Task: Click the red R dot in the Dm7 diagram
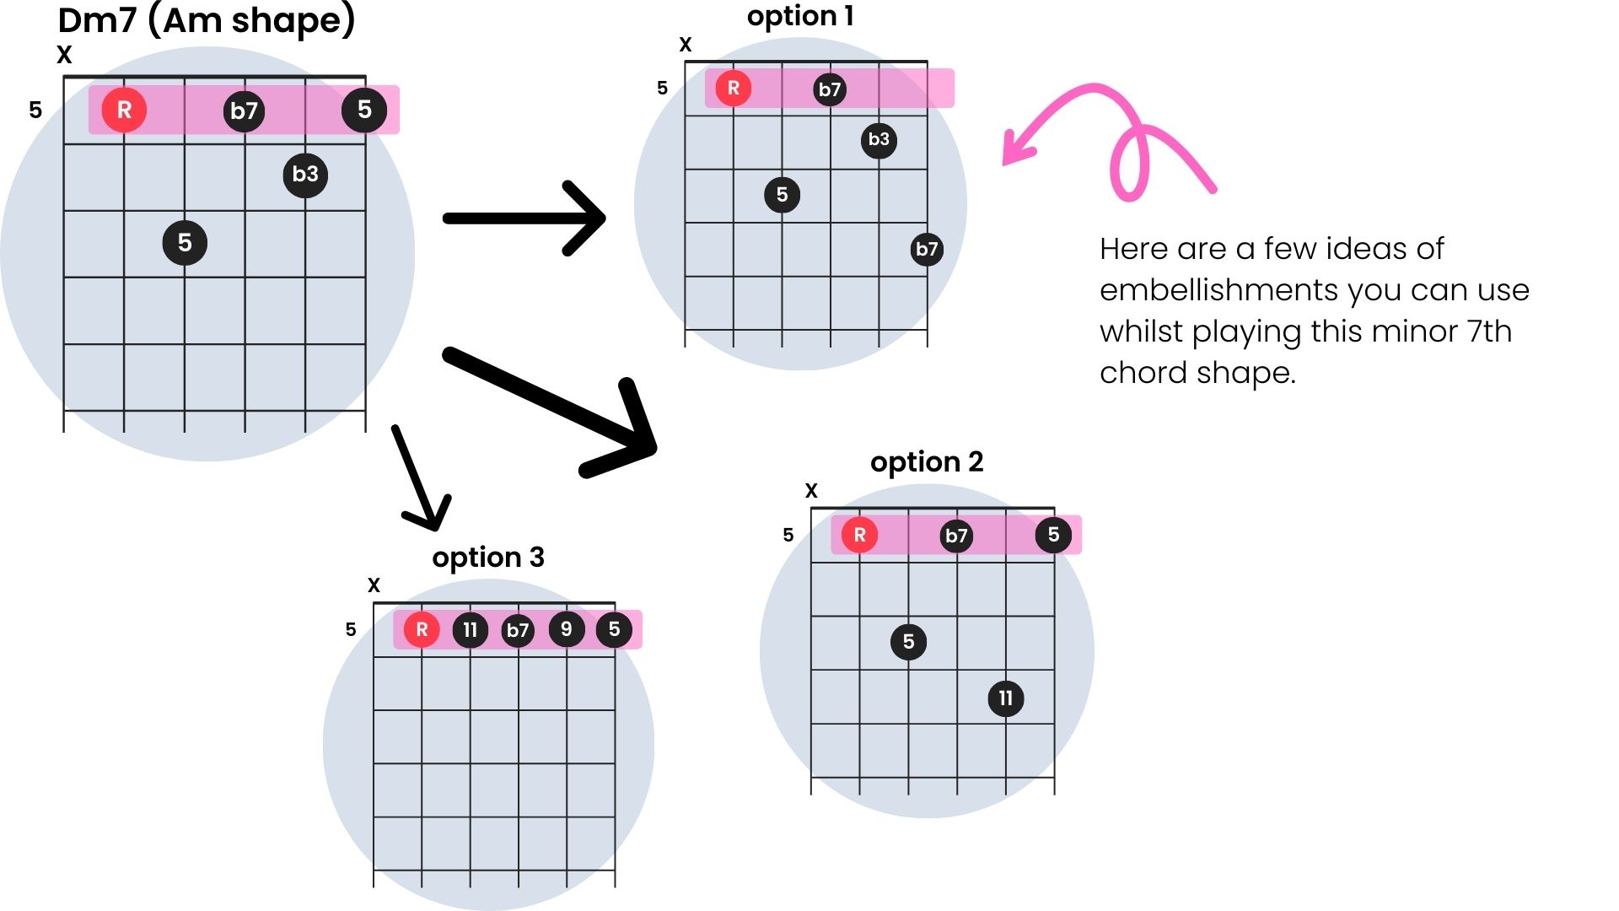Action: (x=124, y=110)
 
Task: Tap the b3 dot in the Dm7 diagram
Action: (x=305, y=175)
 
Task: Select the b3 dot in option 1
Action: (x=879, y=139)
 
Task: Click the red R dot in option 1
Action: (x=734, y=88)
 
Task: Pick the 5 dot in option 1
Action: (x=782, y=195)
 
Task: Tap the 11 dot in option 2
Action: (x=1005, y=698)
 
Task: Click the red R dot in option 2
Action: (x=859, y=535)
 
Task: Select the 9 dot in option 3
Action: (x=566, y=629)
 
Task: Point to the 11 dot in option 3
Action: (x=470, y=629)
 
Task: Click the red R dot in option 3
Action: (x=422, y=629)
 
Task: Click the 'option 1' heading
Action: (x=800, y=17)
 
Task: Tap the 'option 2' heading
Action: (x=927, y=462)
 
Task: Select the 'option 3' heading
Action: (x=488, y=558)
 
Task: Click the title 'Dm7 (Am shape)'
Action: (x=207, y=20)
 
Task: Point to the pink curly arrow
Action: (x=1113, y=135)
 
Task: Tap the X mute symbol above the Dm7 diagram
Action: (x=64, y=56)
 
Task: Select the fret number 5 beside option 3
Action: (x=351, y=629)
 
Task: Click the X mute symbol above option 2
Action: (x=811, y=491)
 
